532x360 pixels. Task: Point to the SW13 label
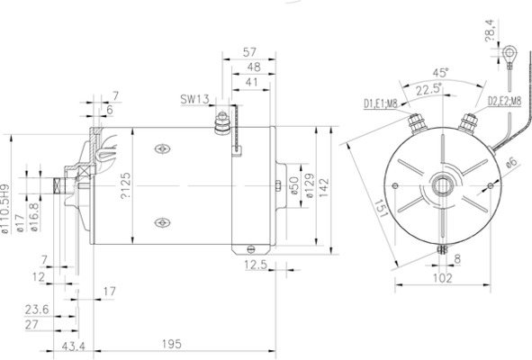(193, 99)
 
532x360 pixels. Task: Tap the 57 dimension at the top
(252, 53)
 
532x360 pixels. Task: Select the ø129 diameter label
(307, 188)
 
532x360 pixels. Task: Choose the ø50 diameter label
(293, 186)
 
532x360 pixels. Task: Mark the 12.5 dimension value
(256, 265)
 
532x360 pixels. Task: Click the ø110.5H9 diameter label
(6, 210)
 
